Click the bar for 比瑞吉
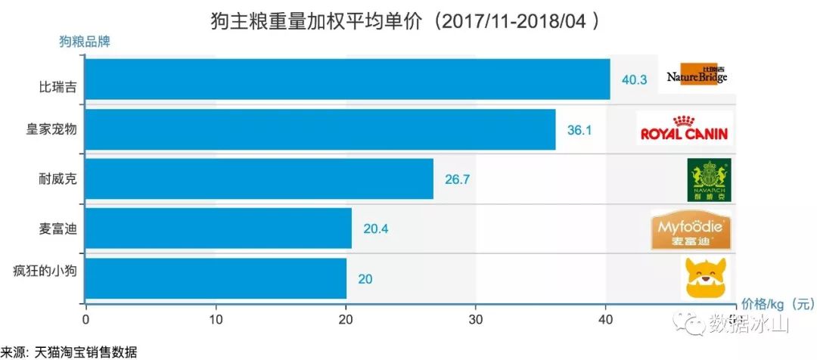tap(347, 79)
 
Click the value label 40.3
tap(634, 80)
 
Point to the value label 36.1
tap(579, 130)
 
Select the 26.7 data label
tap(457, 179)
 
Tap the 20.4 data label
tap(375, 228)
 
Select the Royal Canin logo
tap(684, 129)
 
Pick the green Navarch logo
tap(709, 180)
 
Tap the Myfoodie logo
tap(691, 230)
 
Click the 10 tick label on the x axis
tap(216, 318)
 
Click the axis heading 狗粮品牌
tap(84, 42)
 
